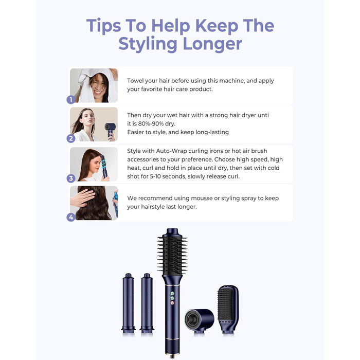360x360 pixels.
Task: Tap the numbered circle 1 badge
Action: point(71,99)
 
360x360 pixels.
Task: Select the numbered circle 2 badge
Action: point(71,138)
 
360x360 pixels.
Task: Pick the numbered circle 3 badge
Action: point(71,178)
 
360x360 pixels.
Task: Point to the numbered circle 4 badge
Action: point(71,217)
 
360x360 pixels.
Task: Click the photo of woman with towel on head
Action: point(94,85)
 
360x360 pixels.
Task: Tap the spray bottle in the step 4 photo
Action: point(115,203)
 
